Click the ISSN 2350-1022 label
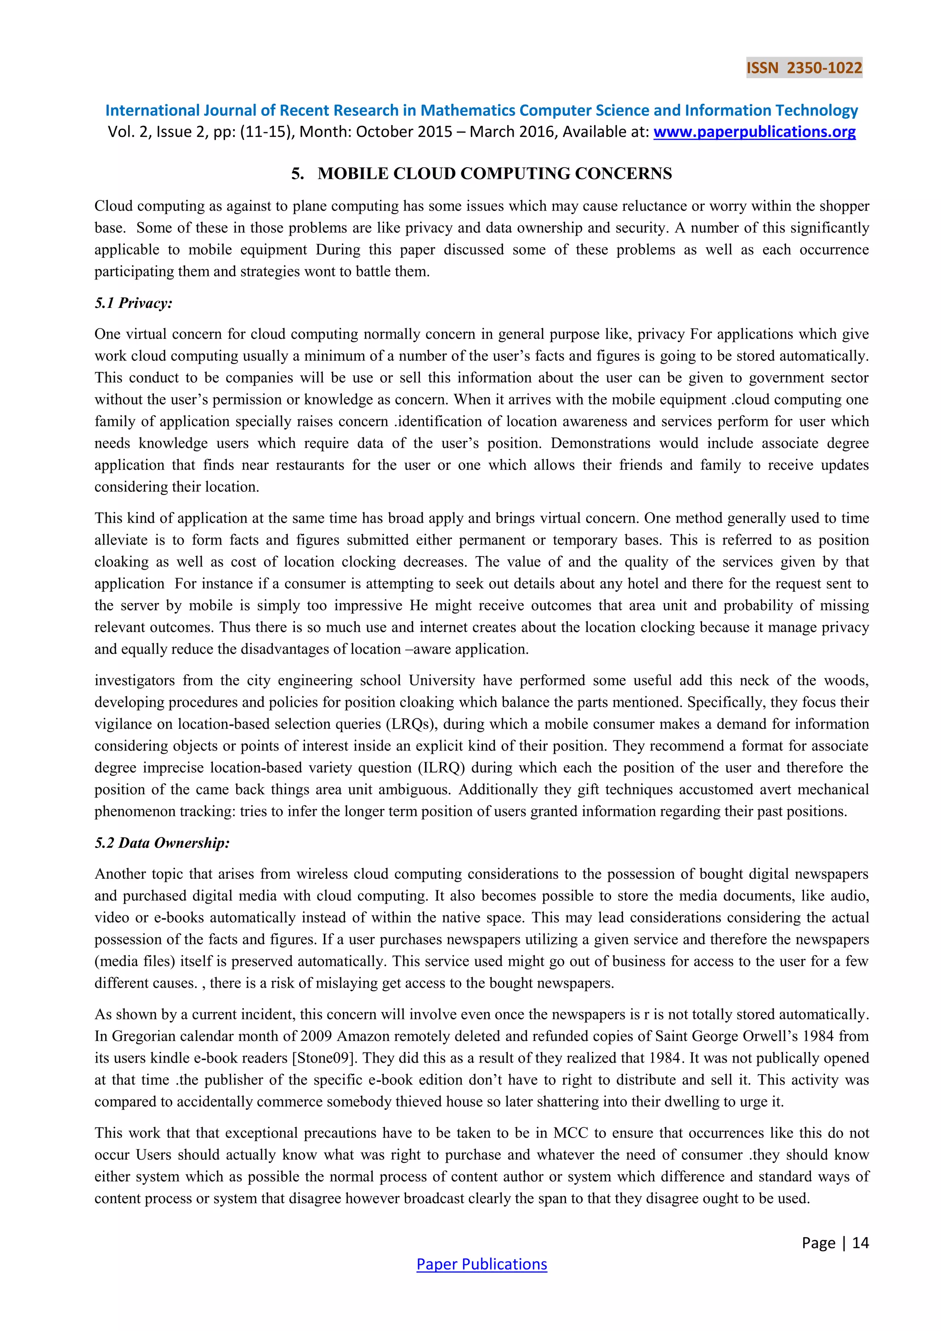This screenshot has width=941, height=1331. coord(804,68)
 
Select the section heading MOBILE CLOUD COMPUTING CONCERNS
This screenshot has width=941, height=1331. coord(494,173)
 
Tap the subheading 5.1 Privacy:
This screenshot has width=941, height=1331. coord(133,302)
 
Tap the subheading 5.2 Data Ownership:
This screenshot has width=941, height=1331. coord(162,842)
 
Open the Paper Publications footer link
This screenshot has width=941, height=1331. coord(482,1264)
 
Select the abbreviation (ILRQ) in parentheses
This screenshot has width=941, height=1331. coord(442,768)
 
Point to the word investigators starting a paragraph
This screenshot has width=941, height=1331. coord(135,680)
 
